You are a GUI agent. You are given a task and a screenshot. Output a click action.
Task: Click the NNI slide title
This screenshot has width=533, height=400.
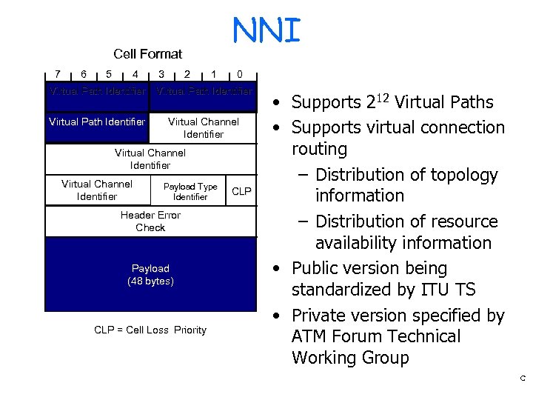click(x=266, y=31)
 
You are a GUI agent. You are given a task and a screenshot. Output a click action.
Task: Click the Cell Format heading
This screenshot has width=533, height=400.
click(x=147, y=53)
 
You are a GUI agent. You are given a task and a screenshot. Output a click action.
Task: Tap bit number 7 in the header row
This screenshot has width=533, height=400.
click(x=58, y=73)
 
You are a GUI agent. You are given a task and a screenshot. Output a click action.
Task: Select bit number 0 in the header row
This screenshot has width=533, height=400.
click(x=239, y=73)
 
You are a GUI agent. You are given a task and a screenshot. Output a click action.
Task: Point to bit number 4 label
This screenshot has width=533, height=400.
click(x=135, y=73)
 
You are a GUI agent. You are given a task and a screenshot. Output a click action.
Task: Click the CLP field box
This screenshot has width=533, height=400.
click(x=241, y=191)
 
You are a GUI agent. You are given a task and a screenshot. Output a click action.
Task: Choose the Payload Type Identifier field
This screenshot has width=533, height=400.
click(x=190, y=191)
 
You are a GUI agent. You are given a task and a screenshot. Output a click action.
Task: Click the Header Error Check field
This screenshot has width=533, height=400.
click(x=150, y=221)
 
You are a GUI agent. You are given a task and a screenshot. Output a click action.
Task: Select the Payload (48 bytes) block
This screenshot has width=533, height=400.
click(x=150, y=275)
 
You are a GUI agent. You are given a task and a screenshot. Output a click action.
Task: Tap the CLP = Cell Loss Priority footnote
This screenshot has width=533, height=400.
click(x=150, y=330)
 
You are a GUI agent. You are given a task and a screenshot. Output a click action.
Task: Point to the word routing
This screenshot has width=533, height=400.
click(x=319, y=149)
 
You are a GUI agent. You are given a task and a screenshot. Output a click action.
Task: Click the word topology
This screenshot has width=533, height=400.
click(x=461, y=175)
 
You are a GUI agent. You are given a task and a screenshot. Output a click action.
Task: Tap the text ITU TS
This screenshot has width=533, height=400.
click(x=448, y=289)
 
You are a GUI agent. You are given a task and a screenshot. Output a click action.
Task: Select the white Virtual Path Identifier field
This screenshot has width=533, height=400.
click(x=97, y=121)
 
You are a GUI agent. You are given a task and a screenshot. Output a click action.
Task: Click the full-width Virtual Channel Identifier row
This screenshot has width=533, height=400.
click(x=150, y=159)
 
